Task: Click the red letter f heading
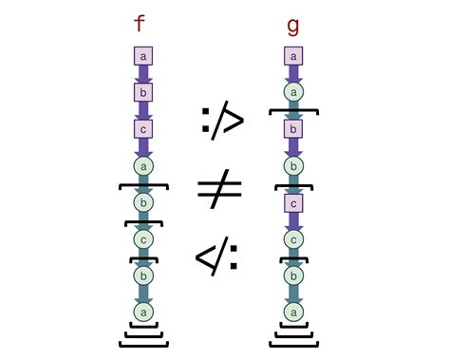click(141, 24)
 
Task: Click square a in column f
click(143, 58)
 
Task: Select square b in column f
click(143, 93)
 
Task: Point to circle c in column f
click(143, 238)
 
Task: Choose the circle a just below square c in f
click(143, 166)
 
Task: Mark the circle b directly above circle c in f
click(143, 202)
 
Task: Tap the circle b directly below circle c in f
click(143, 275)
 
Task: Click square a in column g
click(294, 58)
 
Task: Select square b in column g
click(294, 129)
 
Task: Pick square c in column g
click(294, 202)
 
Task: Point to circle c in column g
click(294, 238)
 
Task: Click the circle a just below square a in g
click(294, 93)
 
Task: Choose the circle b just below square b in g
click(294, 166)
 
